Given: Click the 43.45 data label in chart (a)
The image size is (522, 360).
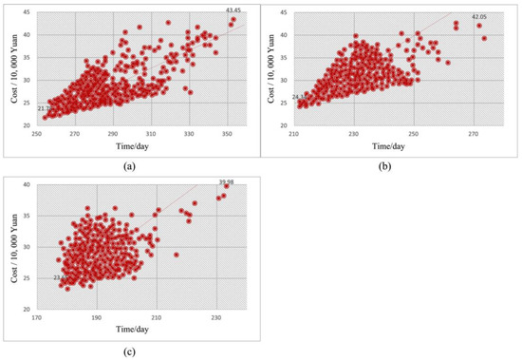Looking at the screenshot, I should (x=233, y=10).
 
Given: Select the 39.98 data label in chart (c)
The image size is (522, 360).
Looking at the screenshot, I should (x=226, y=181).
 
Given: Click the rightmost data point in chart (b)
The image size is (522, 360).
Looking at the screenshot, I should (x=485, y=38).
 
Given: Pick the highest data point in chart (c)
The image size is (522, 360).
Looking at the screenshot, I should (x=226, y=187).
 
